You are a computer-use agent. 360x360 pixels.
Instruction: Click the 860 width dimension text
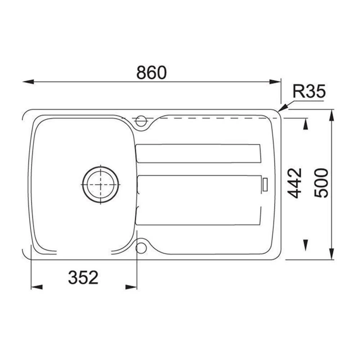152,73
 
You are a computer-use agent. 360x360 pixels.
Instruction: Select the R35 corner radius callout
309,92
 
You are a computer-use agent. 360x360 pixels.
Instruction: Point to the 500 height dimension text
321,183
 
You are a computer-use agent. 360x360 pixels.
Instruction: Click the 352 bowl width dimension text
83,278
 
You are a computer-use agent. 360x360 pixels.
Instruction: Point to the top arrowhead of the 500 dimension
332,114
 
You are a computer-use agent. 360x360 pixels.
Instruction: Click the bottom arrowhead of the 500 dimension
332,254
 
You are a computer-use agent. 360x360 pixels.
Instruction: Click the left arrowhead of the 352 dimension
36,287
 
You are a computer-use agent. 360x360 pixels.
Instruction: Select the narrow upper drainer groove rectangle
198,153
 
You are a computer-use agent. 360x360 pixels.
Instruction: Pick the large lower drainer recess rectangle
198,200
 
